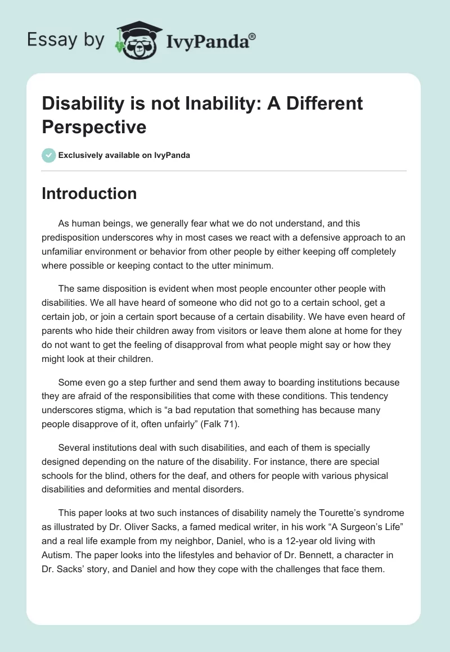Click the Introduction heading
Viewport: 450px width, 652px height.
point(89,193)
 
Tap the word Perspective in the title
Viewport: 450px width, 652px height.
point(94,127)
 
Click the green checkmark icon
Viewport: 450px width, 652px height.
point(49,155)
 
